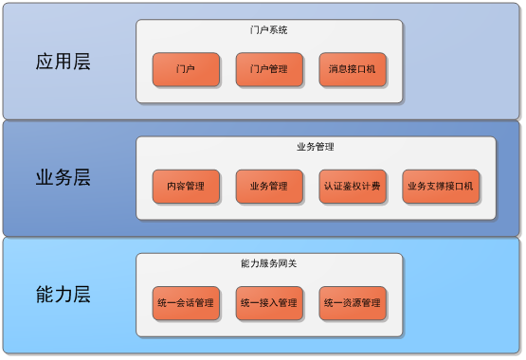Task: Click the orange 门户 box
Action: tap(186, 69)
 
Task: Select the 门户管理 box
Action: tap(269, 69)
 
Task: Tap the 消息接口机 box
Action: tap(353, 69)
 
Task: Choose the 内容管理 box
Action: tap(186, 187)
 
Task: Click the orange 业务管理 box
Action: tap(269, 187)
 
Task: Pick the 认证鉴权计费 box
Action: tap(353, 187)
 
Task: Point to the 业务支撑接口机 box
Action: tap(440, 187)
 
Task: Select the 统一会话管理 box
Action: tap(186, 303)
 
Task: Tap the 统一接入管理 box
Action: tap(269, 303)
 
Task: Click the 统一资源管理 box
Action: tap(353, 303)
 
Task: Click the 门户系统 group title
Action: tap(269, 30)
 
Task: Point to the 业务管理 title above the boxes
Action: tap(316, 147)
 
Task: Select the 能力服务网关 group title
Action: tap(269, 263)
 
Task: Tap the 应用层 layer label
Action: tap(63, 63)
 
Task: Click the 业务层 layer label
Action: tap(63, 178)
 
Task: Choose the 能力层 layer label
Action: tap(63, 295)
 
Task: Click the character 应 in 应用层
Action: tap(45, 63)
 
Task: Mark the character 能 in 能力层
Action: tap(45, 295)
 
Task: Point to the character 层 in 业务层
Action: tap(82, 178)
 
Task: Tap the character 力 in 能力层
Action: tap(63, 295)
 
